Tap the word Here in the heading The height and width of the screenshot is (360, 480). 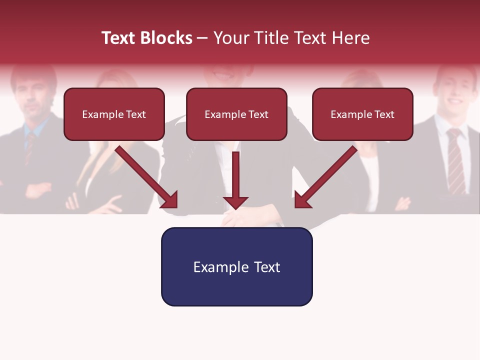349,38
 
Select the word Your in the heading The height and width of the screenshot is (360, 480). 228,38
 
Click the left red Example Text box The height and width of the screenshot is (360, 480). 114,114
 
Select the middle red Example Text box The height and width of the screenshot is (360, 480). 236,114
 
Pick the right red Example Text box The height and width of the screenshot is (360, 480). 362,114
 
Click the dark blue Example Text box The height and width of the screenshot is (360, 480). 236,266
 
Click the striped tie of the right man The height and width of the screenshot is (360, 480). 455,160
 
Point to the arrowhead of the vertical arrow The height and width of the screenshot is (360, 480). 235,202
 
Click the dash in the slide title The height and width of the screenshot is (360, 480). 203,38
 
